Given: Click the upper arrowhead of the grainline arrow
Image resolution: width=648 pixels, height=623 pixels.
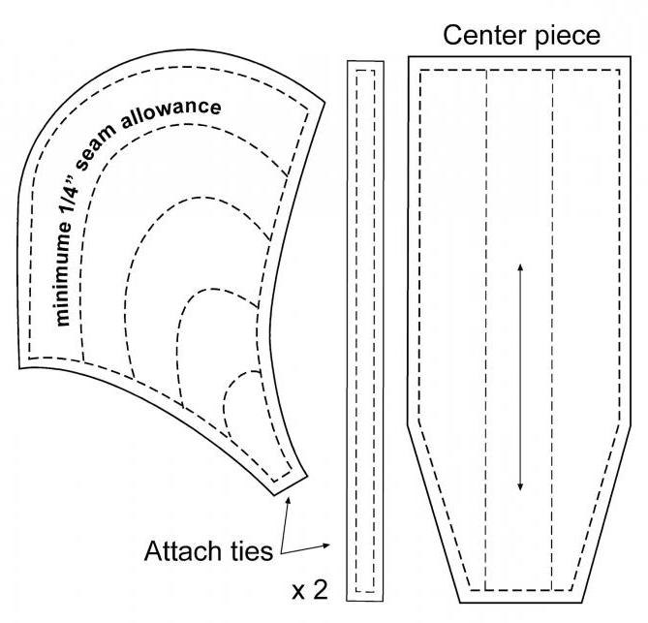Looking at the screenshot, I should (x=521, y=267).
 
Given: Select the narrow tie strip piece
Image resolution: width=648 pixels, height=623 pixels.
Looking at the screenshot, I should (x=365, y=329).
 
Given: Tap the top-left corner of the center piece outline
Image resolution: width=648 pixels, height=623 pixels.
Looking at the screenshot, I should (x=409, y=57).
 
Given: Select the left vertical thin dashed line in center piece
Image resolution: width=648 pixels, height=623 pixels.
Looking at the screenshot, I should (x=485, y=329).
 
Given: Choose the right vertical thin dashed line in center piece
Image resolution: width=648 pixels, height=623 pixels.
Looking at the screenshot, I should (x=551, y=329).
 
